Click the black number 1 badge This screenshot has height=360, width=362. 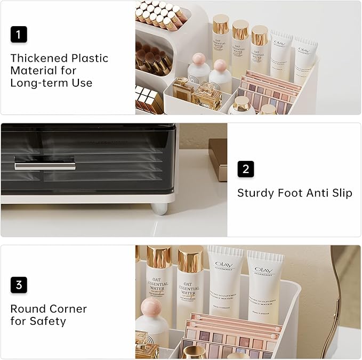19,35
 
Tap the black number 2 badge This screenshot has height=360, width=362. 246,169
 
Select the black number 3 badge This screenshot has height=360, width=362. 19,285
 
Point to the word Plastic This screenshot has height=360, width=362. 92,58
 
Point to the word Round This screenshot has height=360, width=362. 27,309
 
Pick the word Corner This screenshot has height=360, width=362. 68,309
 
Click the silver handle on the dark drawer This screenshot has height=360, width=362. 44,164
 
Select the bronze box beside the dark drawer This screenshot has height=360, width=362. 218,158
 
